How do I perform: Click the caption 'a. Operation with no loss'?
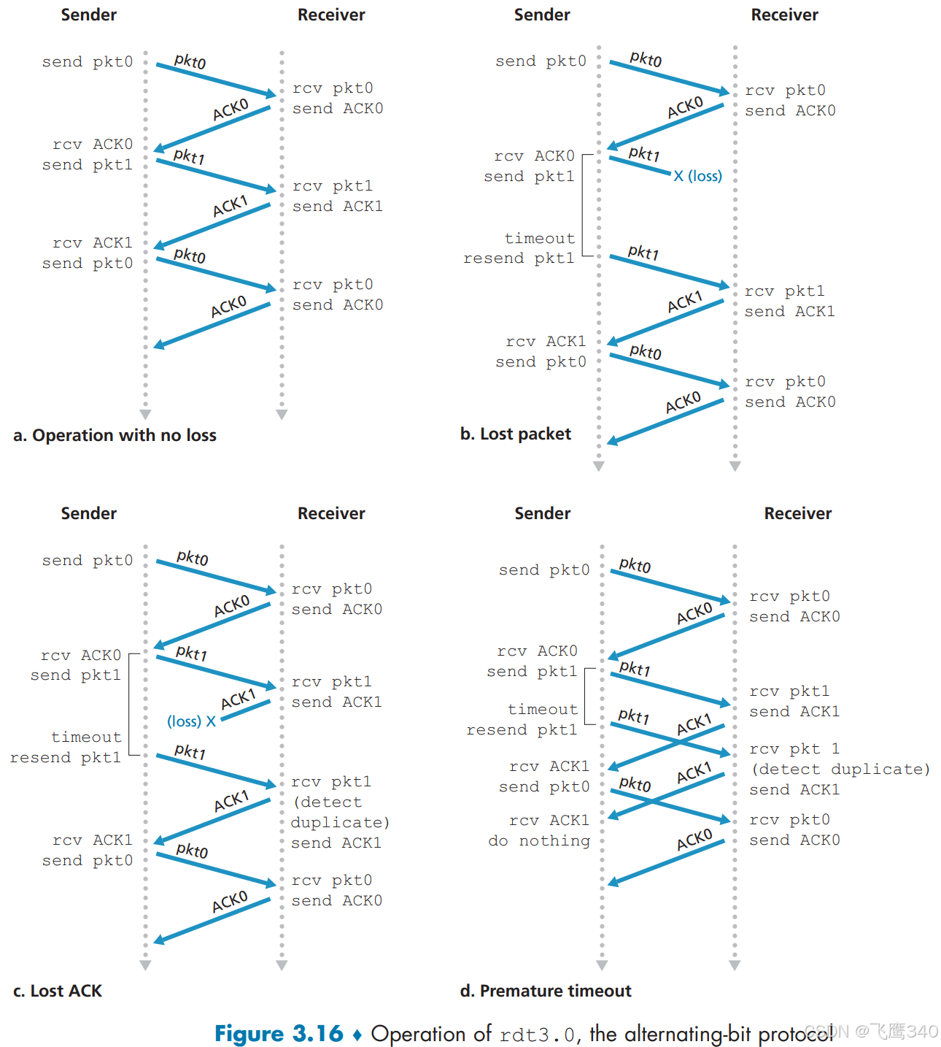click(x=115, y=435)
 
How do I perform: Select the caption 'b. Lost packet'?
click(x=515, y=434)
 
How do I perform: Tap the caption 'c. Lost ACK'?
click(x=58, y=991)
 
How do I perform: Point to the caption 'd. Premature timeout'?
click(x=545, y=991)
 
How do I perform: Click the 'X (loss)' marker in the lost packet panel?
click(x=697, y=176)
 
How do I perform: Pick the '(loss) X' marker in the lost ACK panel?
click(x=191, y=721)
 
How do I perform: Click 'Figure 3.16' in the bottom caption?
click(x=278, y=1034)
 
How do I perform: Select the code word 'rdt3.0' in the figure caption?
click(x=538, y=1035)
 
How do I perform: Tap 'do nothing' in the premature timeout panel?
click(x=539, y=841)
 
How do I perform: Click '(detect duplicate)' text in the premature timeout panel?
click(x=840, y=770)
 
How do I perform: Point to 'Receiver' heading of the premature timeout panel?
click(x=797, y=513)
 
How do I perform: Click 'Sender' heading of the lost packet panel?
click(x=542, y=15)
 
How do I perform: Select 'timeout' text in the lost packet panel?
click(x=540, y=239)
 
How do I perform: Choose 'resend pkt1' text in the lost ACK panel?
click(x=66, y=758)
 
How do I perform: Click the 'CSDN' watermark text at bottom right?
click(x=827, y=1031)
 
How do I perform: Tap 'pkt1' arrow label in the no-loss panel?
click(x=189, y=156)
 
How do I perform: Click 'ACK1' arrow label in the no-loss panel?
click(x=231, y=207)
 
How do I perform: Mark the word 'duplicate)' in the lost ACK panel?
click(x=340, y=823)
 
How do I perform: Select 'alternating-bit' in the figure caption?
click(x=688, y=1034)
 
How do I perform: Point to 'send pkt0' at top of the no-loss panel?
click(x=88, y=62)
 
